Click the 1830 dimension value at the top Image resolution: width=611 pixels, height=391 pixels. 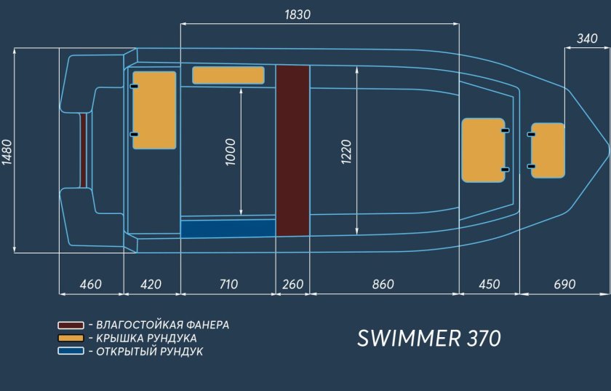coord(299,15)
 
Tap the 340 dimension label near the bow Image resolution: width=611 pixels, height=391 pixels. coord(586,39)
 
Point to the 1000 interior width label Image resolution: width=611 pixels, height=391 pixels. coord(231,151)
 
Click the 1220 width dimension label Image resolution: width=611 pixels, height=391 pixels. coord(346,151)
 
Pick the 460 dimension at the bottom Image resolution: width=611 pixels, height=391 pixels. coord(90,284)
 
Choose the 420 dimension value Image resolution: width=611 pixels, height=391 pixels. coord(151,284)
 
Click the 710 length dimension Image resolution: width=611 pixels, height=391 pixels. coord(228,284)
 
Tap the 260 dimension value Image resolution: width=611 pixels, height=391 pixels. coord(292,284)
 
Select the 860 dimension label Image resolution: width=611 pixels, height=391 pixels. coord(383,284)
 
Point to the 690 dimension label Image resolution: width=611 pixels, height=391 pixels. coord(564,284)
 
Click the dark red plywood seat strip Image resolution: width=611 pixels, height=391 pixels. coord(292,150)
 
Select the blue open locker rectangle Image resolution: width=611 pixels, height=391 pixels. coord(228,229)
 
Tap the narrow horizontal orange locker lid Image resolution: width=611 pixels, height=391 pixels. coord(228,75)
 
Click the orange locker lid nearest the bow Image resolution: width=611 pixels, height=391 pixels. coord(548,150)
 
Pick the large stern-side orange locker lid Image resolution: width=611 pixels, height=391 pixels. coord(154,110)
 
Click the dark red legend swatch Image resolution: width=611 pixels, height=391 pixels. coord(71,325)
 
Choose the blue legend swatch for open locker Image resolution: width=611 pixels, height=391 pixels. coord(71,351)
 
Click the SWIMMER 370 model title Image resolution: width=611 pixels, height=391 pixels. coord(429,339)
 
